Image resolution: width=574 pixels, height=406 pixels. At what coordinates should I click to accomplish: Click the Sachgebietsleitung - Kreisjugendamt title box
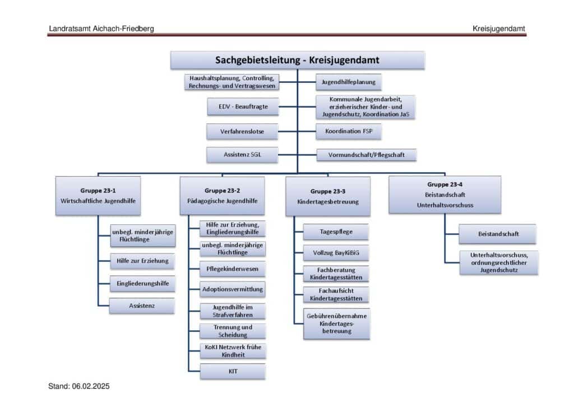(297, 60)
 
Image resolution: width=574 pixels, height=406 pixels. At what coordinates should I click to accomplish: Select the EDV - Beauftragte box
(242, 106)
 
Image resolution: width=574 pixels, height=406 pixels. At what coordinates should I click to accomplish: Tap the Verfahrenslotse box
(242, 132)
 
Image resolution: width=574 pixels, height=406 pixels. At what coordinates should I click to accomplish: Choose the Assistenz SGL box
(242, 155)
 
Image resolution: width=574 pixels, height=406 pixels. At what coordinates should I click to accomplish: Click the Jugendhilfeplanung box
(349, 82)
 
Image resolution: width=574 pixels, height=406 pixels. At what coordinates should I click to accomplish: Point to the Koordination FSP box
(349, 132)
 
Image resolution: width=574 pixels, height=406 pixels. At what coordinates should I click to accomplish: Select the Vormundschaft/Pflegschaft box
(367, 154)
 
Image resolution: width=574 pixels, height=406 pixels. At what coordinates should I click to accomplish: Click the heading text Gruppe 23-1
(98, 191)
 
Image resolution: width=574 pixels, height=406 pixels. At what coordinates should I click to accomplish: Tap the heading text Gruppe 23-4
(445, 184)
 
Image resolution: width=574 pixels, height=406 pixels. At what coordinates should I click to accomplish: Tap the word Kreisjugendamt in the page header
(498, 29)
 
